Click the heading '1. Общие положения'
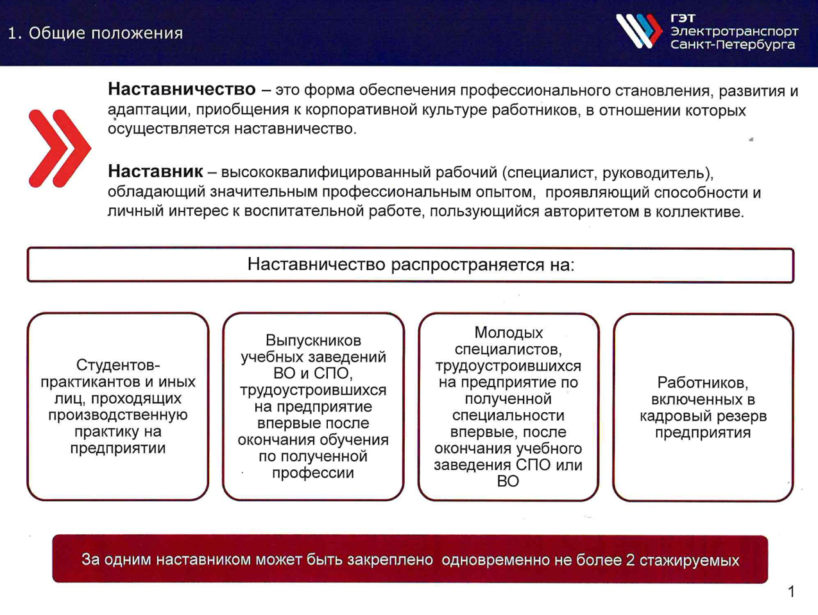pyautogui.click(x=96, y=33)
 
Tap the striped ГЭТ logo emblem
pyautogui.click(x=639, y=31)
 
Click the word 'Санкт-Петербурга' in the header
pyautogui.click(x=733, y=45)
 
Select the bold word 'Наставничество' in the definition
pyautogui.click(x=182, y=89)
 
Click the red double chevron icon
pyautogui.click(x=60, y=148)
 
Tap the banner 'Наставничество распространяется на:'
pyautogui.click(x=411, y=265)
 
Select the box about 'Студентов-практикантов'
pyautogui.click(x=118, y=406)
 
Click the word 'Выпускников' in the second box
pyautogui.click(x=314, y=340)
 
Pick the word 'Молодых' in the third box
pyautogui.click(x=508, y=332)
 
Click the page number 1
pyautogui.click(x=792, y=591)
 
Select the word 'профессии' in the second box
pyautogui.click(x=313, y=472)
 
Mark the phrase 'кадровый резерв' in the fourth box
pyautogui.click(x=703, y=416)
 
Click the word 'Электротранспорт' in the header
pyautogui.click(x=734, y=31)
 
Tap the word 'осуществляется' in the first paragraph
pyautogui.click(x=169, y=129)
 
